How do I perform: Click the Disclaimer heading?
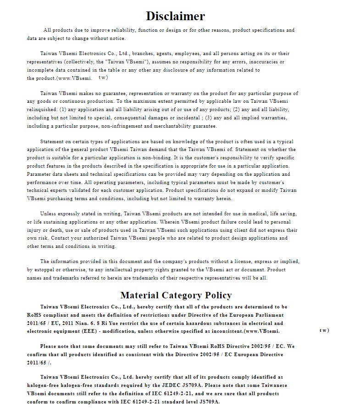[175, 16]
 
